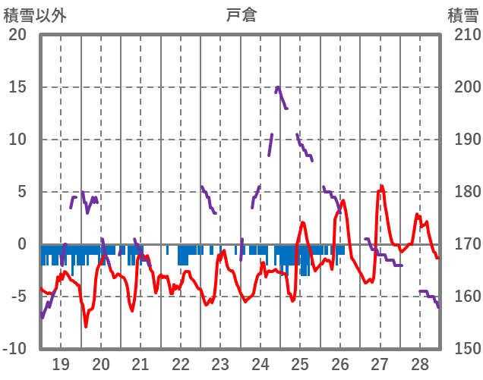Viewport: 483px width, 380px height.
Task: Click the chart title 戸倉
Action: click(241, 14)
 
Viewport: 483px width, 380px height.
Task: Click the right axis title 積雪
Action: click(462, 14)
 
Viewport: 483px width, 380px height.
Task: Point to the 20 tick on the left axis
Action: click(17, 35)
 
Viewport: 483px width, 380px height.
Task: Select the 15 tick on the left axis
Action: click(17, 87)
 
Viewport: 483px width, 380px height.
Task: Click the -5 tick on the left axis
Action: click(17, 297)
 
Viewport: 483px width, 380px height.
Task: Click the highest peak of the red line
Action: click(381, 186)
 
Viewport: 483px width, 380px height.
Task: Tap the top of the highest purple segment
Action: click(278, 87)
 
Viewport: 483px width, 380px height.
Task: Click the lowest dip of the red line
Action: click(86, 327)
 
